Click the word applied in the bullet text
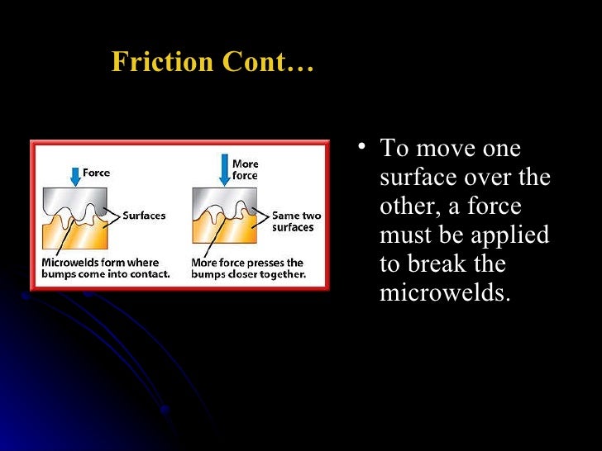(x=511, y=235)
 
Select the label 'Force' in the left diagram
(x=96, y=173)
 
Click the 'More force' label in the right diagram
(x=245, y=170)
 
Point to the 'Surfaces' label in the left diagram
(x=143, y=216)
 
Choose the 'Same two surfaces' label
(x=296, y=221)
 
